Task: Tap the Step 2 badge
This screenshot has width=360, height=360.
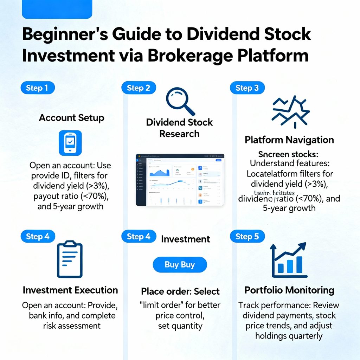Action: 138,88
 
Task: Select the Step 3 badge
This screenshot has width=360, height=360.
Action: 247,88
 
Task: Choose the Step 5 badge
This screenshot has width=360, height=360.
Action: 247,237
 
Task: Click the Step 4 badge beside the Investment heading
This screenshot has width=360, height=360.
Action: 138,237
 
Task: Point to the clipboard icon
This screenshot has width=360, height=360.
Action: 69,259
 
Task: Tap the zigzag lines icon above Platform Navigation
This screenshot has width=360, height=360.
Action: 291,112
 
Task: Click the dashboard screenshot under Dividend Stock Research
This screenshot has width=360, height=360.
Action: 180,180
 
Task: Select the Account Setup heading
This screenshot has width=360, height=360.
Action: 72,118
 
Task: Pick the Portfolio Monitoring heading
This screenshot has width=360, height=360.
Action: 289,290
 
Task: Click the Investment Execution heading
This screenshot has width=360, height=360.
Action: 70,290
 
